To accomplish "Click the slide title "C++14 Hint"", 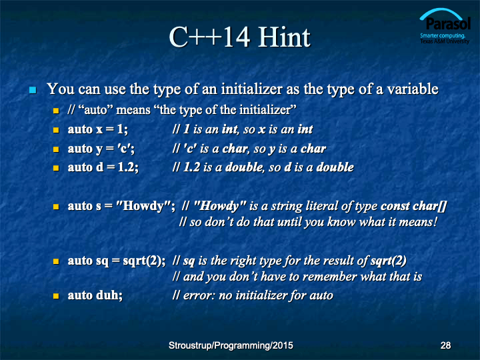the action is point(240,37).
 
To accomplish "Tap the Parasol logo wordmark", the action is point(447,23).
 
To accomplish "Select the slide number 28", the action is point(445,345).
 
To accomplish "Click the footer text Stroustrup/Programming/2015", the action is point(231,345).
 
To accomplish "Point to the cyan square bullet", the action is point(33,90).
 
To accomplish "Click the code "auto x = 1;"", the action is point(97,129).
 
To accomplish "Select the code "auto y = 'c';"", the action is point(101,149).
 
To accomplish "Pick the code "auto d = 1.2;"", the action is point(103,167).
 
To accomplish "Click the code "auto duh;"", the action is point(95,295).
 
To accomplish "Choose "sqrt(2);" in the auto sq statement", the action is point(144,261).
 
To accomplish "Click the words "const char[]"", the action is point(413,206).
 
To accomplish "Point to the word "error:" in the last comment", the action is point(197,295).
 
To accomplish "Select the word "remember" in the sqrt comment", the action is point(335,277).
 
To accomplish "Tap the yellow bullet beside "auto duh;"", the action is point(56,296).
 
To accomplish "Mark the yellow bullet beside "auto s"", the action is point(56,207).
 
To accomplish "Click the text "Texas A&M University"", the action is point(445,41).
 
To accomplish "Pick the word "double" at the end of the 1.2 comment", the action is point(335,167).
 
